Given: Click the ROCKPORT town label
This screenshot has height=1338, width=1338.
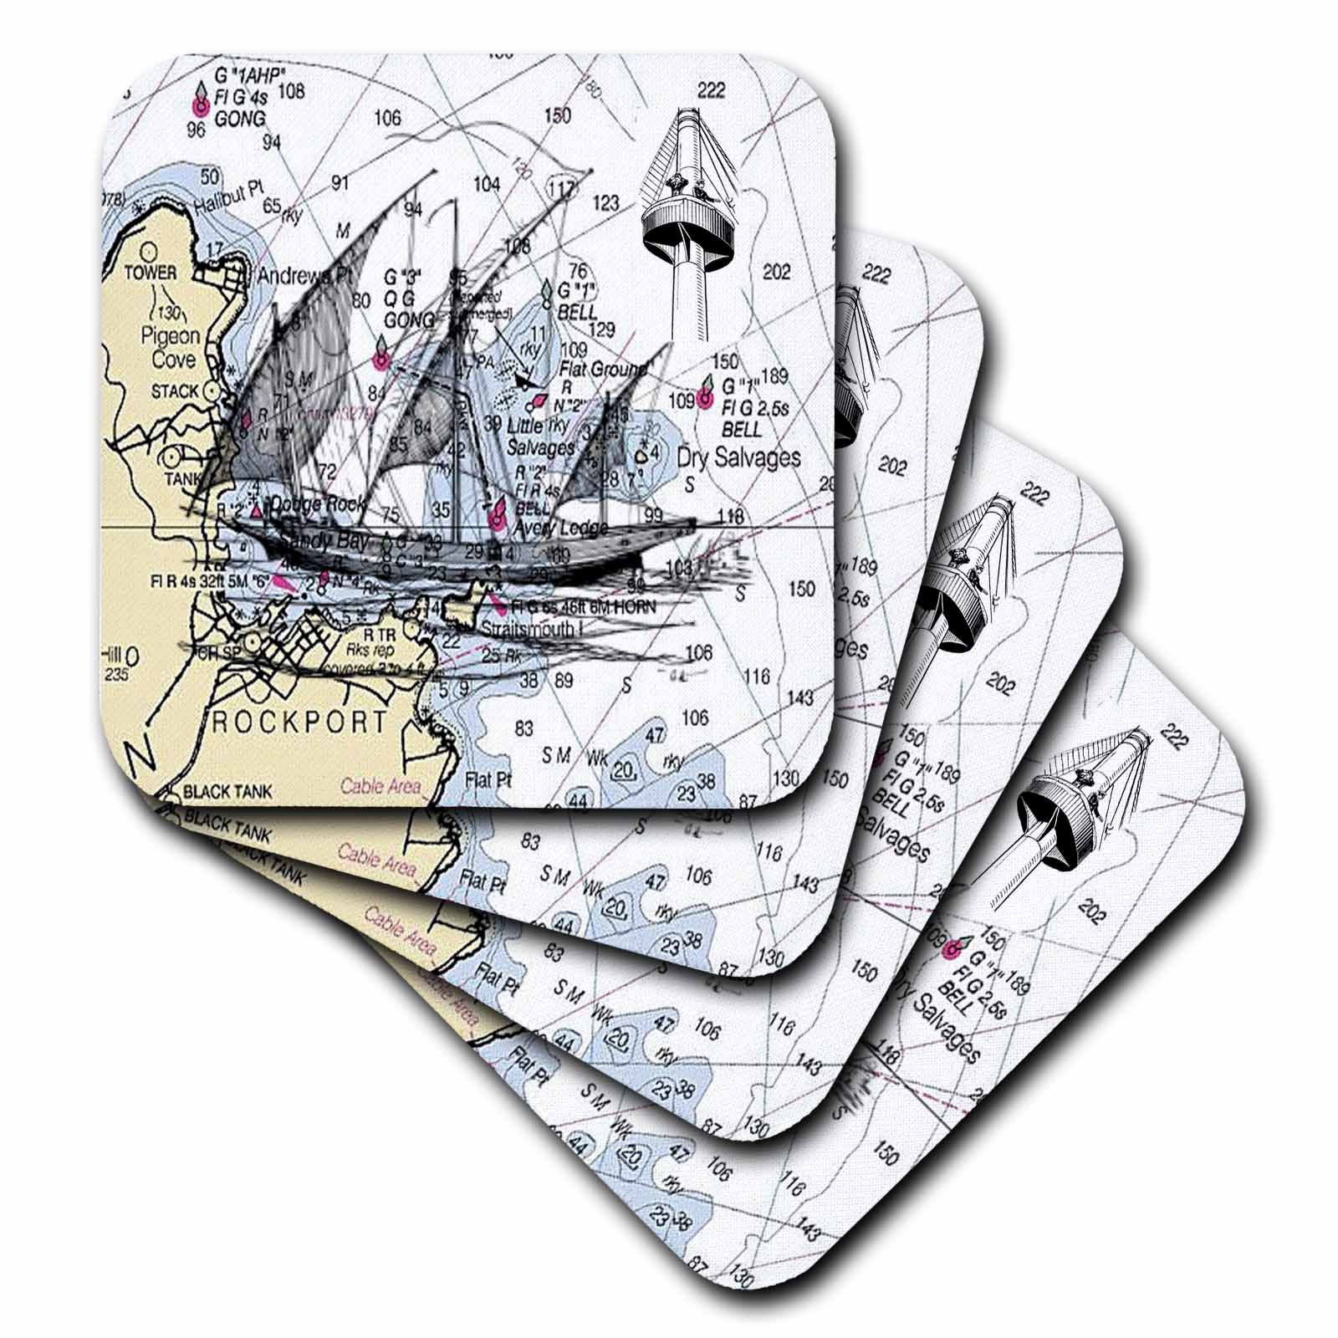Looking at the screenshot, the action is tap(299, 722).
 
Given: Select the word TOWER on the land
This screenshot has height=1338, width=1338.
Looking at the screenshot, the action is tap(151, 273).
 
